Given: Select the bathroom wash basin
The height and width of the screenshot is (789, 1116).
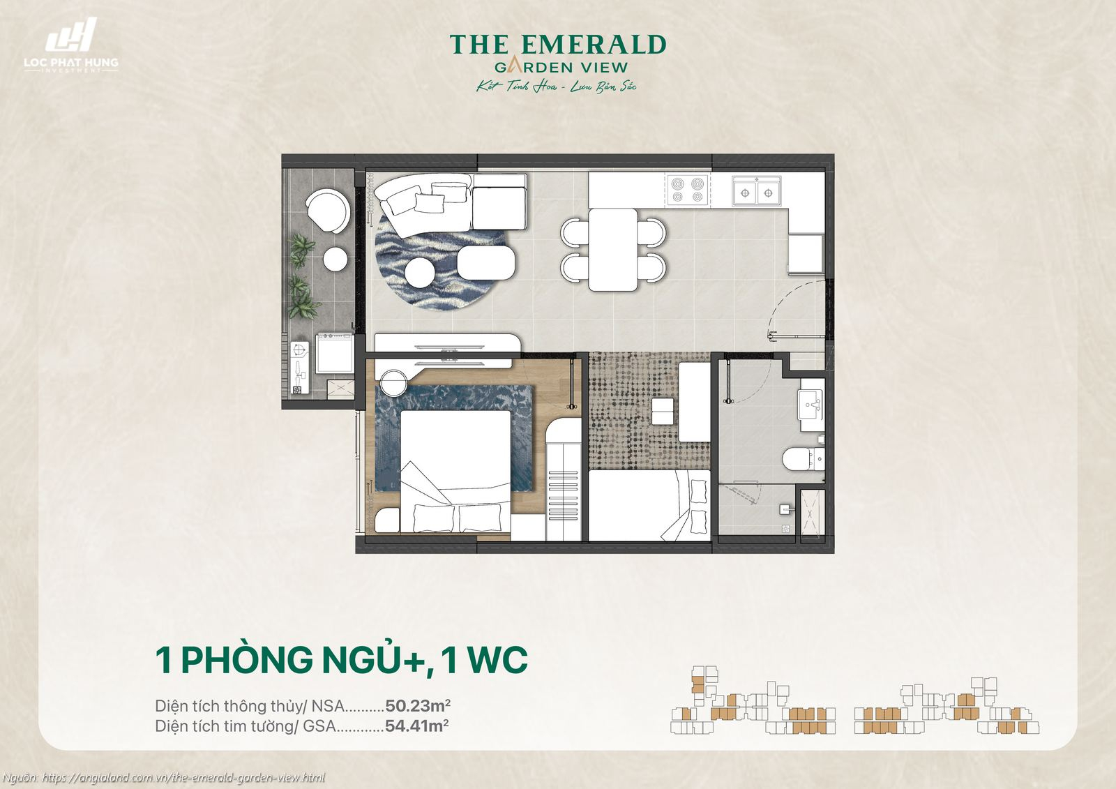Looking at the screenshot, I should coord(811,403).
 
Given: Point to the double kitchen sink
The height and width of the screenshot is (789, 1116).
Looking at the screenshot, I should coord(756,190).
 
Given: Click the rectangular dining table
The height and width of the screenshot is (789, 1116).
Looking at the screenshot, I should coord(613,250).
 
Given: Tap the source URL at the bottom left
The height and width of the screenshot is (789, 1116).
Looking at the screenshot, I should coord(183,777).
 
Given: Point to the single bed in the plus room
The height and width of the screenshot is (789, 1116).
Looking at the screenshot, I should coord(649,505).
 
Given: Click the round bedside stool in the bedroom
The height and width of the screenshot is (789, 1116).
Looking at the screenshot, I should coord(393,383).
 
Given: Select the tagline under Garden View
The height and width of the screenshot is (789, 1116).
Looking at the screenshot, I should coord(557,87).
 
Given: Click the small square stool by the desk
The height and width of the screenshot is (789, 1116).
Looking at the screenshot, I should coord(663,411).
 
